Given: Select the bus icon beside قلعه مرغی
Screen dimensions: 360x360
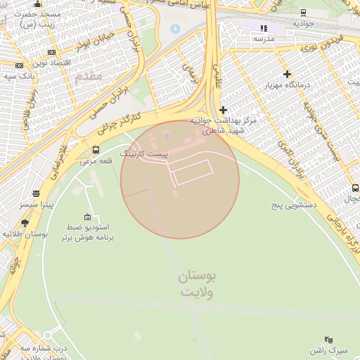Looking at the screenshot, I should [x=96, y=150].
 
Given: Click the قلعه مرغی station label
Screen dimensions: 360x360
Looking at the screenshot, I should [x=96, y=161].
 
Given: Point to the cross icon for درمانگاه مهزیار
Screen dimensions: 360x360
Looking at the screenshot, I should [x=287, y=74].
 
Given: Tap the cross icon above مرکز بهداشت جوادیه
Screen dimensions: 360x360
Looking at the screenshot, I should [x=224, y=110].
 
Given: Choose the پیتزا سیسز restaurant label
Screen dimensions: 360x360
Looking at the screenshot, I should [x=37, y=205].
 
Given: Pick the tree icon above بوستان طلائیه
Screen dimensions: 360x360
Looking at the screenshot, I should [x=25, y=223].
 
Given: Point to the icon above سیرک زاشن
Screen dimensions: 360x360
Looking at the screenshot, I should [x=328, y=339].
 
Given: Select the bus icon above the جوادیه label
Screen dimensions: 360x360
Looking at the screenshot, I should [x=303, y=12].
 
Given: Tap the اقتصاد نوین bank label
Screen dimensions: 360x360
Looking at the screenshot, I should [x=51, y=63].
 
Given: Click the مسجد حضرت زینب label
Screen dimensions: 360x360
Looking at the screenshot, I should [x=40, y=19].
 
